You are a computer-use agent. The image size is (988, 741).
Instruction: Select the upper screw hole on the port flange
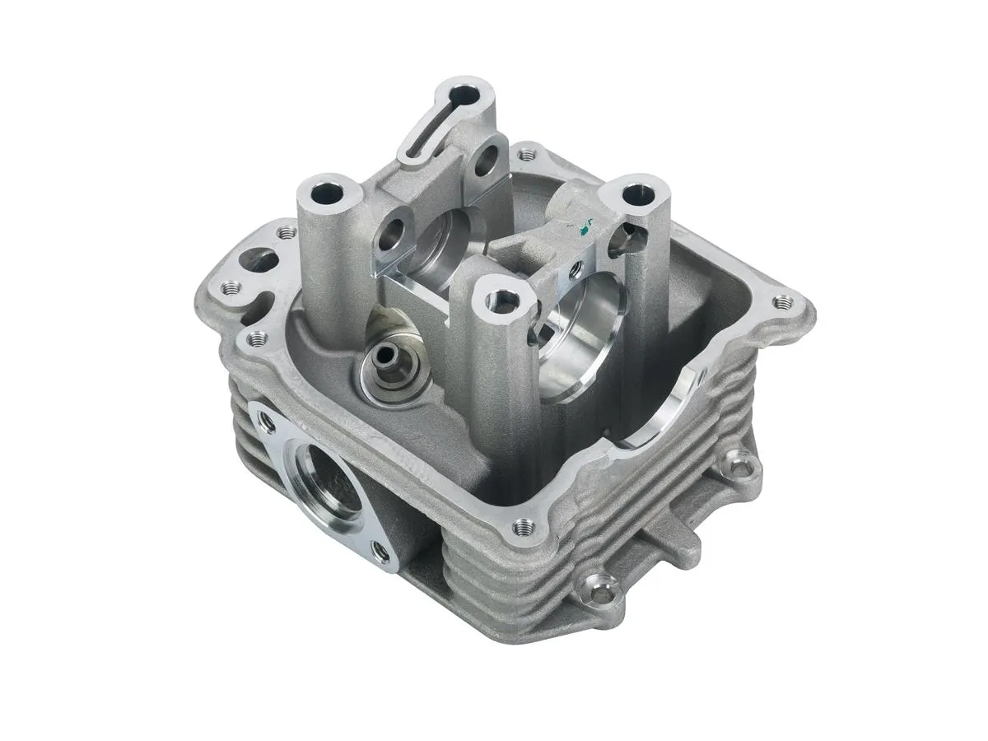point(266,422)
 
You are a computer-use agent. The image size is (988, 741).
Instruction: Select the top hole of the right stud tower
point(634,196)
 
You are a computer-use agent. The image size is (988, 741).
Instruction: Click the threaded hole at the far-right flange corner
point(781,301)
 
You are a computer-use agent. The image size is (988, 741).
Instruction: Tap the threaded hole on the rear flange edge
point(524,153)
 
